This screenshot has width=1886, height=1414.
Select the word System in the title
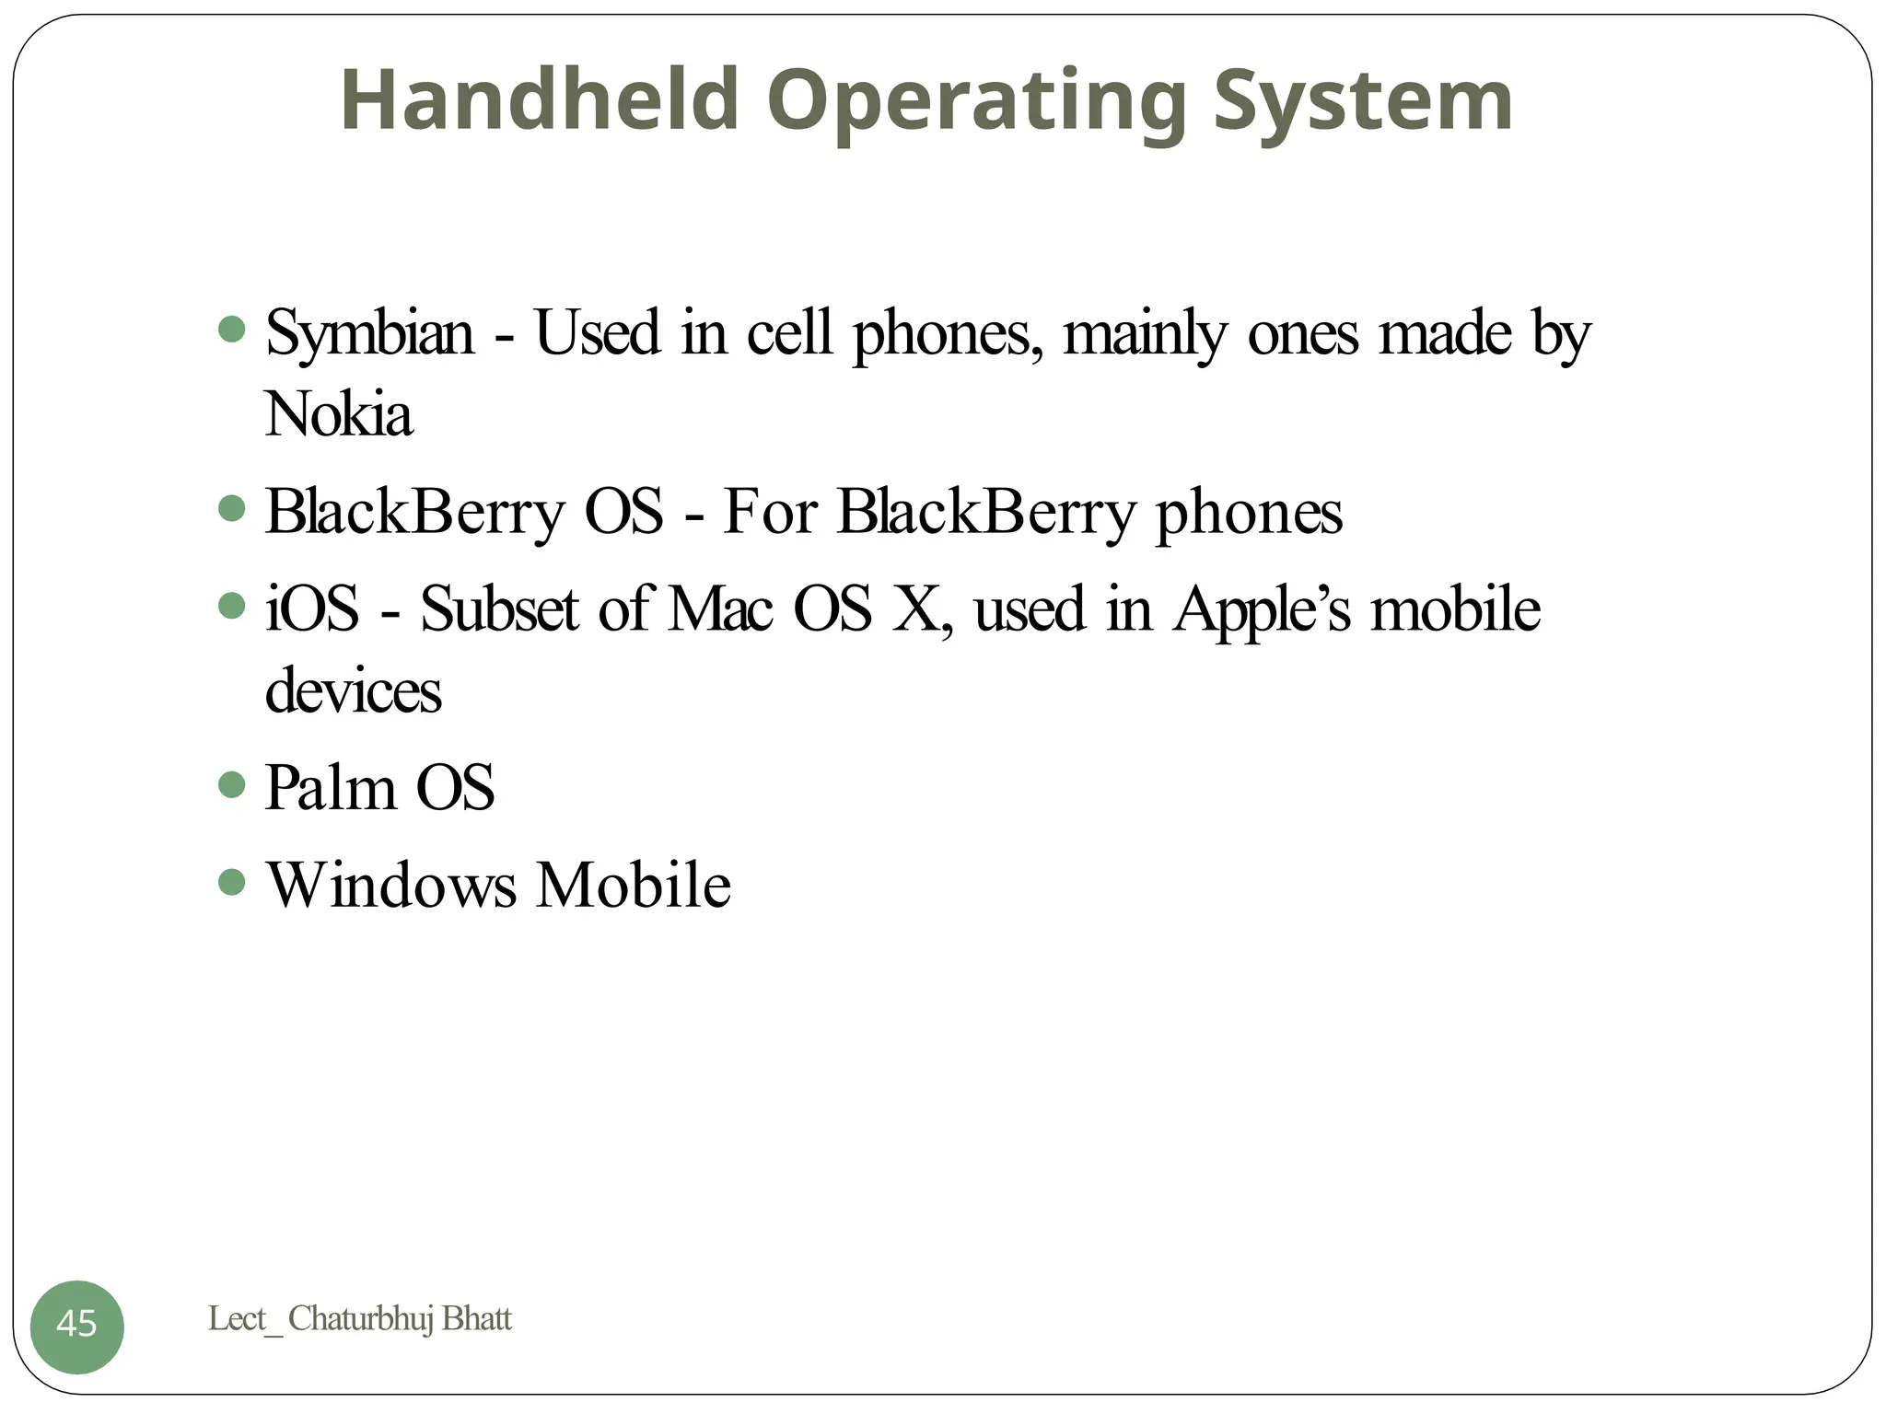point(1363,101)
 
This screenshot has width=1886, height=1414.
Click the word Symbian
point(368,333)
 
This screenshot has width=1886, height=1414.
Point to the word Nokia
point(338,414)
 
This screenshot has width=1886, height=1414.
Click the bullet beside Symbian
point(232,329)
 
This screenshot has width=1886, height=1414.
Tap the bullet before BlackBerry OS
point(232,507)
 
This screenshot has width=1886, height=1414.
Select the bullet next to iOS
point(232,605)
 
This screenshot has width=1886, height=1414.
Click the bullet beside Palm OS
point(232,784)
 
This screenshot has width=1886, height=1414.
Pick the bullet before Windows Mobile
point(232,882)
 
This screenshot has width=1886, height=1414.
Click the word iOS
point(312,608)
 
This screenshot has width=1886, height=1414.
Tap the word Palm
point(330,788)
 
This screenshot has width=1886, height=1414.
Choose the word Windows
point(391,886)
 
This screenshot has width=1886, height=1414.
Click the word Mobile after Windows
point(634,886)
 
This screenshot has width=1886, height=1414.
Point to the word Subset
point(499,608)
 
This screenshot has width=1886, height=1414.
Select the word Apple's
point(1262,610)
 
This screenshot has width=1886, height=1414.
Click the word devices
point(353,691)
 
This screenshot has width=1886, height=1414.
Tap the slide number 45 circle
point(76,1326)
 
